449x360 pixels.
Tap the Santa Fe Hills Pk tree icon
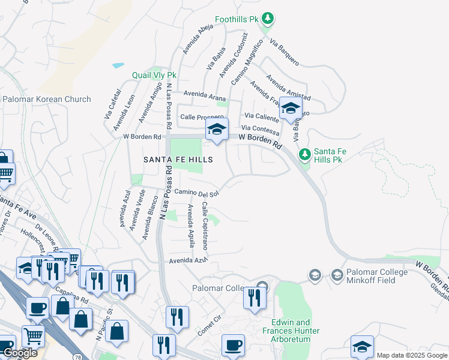305,154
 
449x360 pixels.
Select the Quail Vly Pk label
154,76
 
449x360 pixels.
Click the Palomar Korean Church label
47,99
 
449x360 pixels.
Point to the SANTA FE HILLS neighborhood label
178,160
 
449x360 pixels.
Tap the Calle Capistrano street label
205,225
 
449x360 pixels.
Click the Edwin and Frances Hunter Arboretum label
291,331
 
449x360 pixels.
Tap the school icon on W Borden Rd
217,129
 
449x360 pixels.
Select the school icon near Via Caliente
291,109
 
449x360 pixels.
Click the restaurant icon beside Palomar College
254,298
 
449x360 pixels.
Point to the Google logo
19,353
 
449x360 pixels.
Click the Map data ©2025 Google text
412,355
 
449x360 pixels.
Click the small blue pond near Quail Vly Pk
118,65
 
